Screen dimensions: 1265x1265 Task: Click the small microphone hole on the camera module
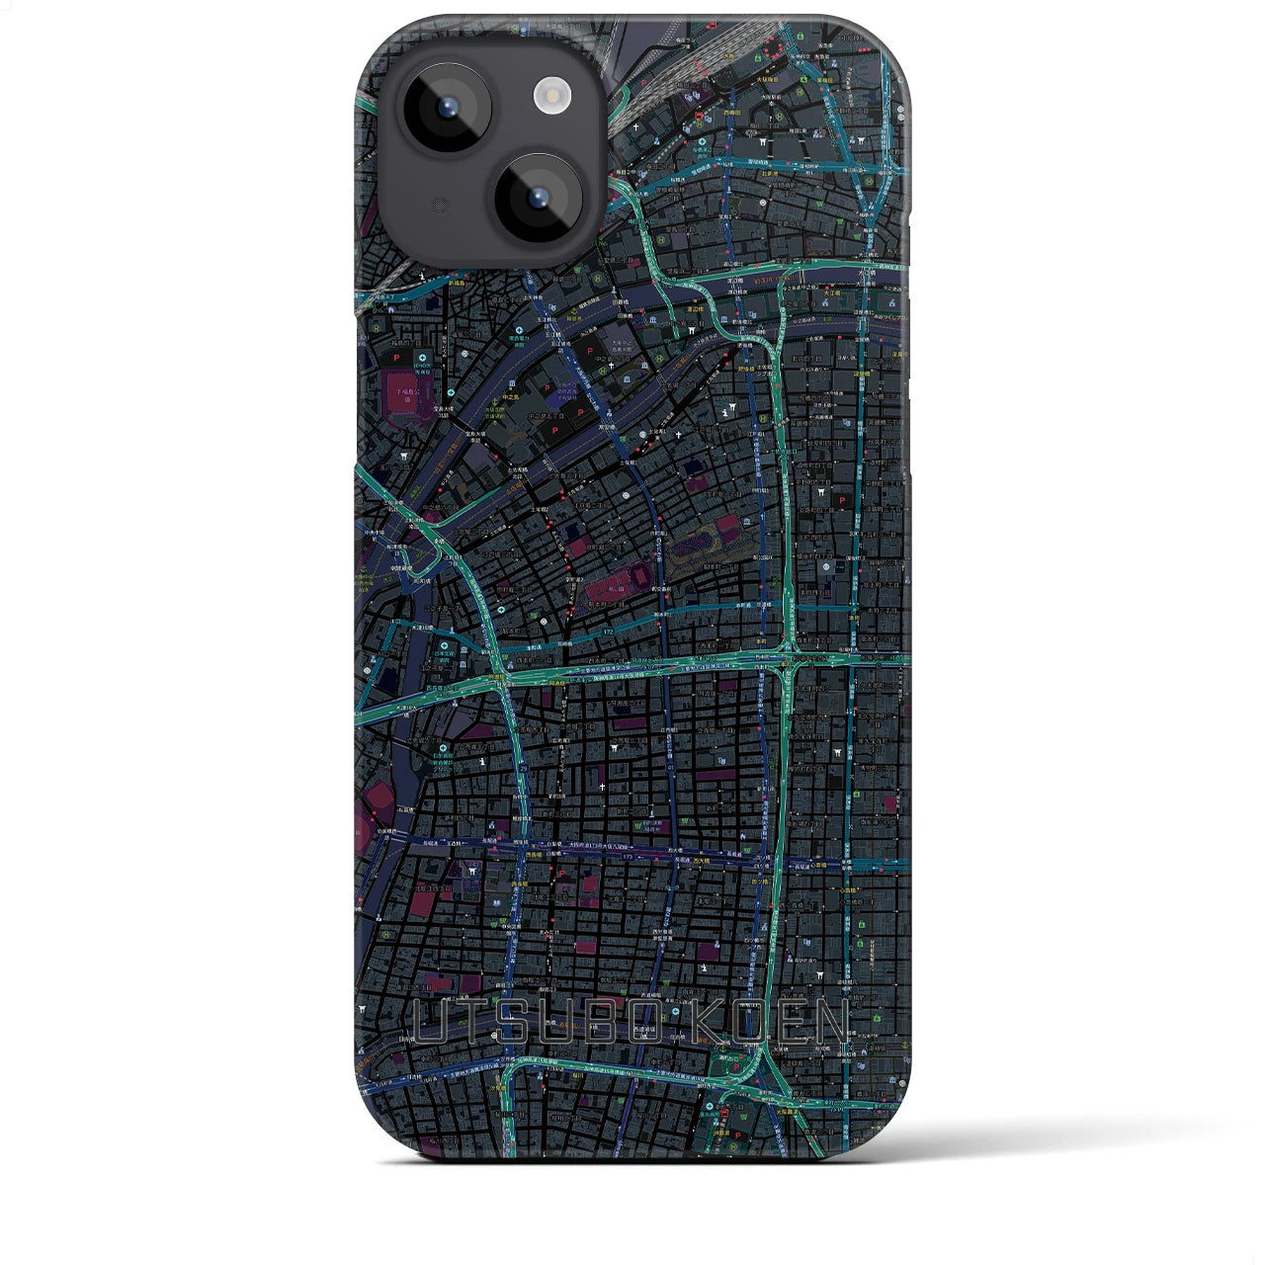(x=441, y=205)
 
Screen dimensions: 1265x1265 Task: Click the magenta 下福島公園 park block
(x=404, y=389)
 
